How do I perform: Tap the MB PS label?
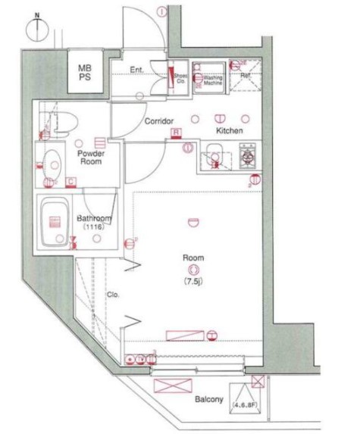click(x=85, y=73)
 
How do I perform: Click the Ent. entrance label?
click(x=136, y=70)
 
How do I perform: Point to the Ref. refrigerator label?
click(x=246, y=76)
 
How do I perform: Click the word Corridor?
click(x=159, y=121)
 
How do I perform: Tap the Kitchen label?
click(x=229, y=131)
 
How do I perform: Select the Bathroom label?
click(x=94, y=219)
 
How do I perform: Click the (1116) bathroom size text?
click(x=94, y=227)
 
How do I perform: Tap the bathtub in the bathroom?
click(x=55, y=223)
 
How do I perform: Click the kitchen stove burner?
click(x=247, y=158)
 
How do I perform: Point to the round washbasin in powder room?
click(x=53, y=161)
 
